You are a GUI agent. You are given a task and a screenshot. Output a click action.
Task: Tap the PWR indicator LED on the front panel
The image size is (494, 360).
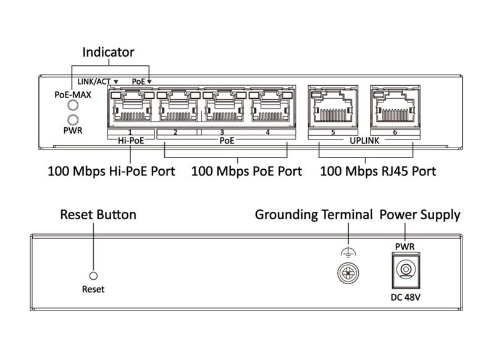coord(73,119)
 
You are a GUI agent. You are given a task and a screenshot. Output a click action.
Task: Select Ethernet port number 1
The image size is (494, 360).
coord(130,107)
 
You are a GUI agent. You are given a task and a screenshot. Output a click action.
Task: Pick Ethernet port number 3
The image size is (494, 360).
coord(222,107)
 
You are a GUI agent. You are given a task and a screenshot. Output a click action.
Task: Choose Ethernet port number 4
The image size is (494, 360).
coord(268,107)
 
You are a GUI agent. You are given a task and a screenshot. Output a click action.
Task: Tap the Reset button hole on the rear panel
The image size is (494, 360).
coord(94,275)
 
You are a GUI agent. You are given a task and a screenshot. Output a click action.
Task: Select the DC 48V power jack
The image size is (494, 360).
coord(405,270)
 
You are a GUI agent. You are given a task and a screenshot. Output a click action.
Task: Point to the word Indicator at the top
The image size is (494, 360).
coord(109,52)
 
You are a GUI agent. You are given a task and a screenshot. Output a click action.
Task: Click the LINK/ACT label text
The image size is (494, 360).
coord(94,81)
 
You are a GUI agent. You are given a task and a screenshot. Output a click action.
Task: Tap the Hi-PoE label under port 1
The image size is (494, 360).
coord(130,141)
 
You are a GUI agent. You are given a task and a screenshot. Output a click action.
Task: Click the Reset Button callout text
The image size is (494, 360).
coord(98,215)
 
